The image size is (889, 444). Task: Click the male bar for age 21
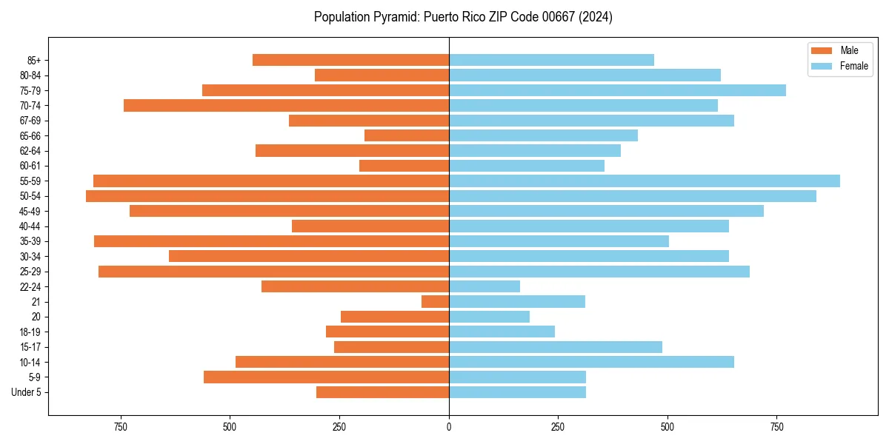[x=436, y=302]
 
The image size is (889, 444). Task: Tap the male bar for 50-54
[x=267, y=196]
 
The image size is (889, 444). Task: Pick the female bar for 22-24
[x=485, y=286]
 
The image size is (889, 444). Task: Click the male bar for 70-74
[x=287, y=106]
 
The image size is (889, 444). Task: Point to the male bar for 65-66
[x=407, y=135]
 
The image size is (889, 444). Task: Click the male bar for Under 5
[x=382, y=392]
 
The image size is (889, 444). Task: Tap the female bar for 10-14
[x=591, y=362]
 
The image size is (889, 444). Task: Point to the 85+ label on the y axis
[x=33, y=61]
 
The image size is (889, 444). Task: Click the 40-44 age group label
[x=30, y=226]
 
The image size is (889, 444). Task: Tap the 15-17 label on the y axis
[x=30, y=347]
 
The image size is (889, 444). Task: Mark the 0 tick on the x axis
[x=449, y=427]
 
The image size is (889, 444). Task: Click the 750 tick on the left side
[x=121, y=427]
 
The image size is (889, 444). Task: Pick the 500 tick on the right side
[x=667, y=427]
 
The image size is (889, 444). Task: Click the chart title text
[x=463, y=17]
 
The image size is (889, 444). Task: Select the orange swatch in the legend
[x=822, y=50]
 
